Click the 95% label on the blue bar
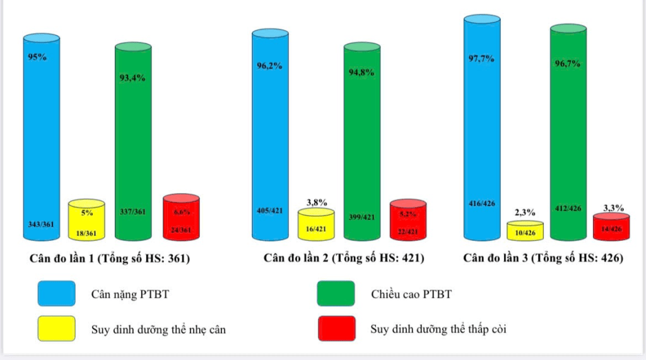tap(38, 57)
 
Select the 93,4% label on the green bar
tap(133, 78)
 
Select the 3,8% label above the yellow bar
tap(317, 202)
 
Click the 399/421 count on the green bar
tap(361, 218)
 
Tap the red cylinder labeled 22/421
tap(408, 221)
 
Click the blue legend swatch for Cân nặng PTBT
tap(56, 294)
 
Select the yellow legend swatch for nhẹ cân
tap(56, 328)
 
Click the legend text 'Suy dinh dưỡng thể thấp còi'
tap(438, 328)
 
